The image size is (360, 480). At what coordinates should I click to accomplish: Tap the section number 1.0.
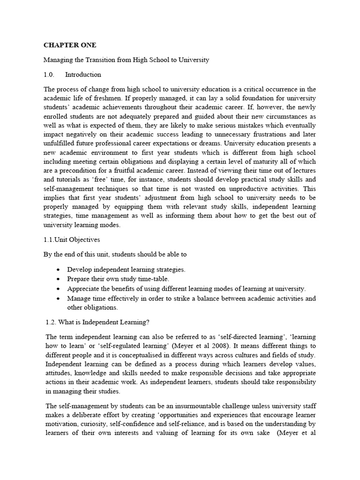click(49, 75)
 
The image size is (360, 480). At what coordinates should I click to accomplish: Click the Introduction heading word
click(83, 75)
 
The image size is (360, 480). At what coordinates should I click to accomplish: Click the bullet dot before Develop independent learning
click(57, 270)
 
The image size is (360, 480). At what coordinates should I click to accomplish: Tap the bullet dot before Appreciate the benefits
click(57, 289)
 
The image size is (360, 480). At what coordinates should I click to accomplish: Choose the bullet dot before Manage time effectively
click(57, 299)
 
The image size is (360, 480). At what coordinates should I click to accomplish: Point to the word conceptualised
click(151, 355)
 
